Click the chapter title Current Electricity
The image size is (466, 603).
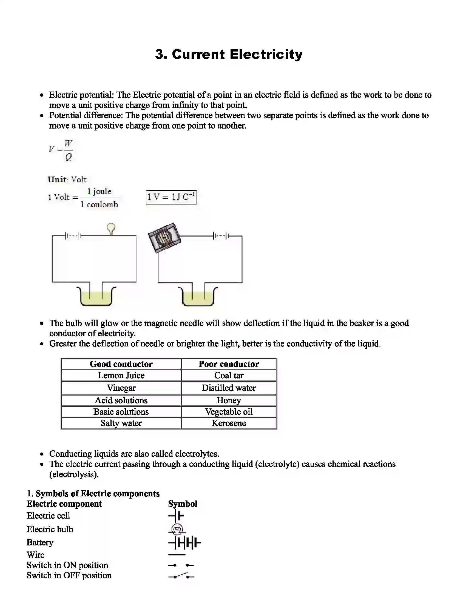(x=229, y=54)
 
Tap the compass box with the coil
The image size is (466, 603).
(x=164, y=237)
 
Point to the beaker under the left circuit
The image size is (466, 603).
(x=96, y=297)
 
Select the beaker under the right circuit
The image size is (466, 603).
(x=198, y=297)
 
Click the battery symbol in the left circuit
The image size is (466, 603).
(x=73, y=236)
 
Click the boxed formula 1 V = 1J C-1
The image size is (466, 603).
(x=171, y=197)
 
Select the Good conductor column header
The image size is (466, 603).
(x=121, y=364)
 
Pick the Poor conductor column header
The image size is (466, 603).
(x=229, y=364)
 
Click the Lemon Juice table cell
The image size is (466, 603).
(x=121, y=376)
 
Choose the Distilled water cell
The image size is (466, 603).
(x=229, y=388)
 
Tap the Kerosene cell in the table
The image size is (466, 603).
(x=229, y=423)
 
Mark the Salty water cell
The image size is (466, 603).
(x=121, y=423)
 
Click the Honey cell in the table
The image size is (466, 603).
(x=229, y=400)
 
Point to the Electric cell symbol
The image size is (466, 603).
(x=176, y=516)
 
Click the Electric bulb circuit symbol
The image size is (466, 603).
(x=177, y=529)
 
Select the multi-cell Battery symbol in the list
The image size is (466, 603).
(x=184, y=543)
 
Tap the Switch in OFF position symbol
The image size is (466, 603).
(x=181, y=576)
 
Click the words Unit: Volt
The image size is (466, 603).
(x=67, y=180)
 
